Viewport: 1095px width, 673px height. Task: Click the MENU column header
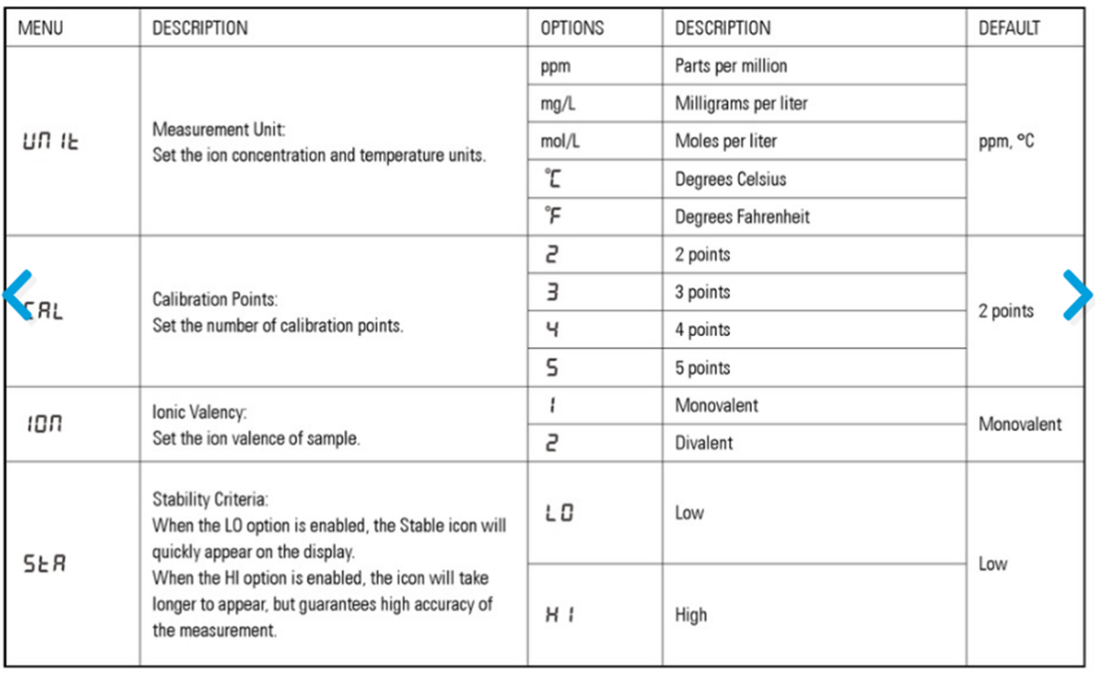click(41, 28)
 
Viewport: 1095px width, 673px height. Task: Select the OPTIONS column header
click(572, 28)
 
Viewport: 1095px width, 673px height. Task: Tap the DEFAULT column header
click(1008, 28)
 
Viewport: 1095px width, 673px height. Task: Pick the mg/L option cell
click(558, 104)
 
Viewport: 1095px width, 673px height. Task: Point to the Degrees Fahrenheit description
click(742, 217)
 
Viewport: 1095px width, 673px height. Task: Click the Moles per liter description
click(725, 142)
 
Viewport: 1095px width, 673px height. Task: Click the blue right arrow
click(1077, 295)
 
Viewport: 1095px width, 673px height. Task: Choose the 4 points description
click(703, 330)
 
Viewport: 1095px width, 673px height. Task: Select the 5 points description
click(703, 368)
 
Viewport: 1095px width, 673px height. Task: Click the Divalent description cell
click(704, 443)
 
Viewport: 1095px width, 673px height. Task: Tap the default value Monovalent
click(1020, 424)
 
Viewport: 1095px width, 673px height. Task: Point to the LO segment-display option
click(558, 513)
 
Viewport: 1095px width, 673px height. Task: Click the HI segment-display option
click(557, 615)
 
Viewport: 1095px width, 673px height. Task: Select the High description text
click(691, 615)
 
